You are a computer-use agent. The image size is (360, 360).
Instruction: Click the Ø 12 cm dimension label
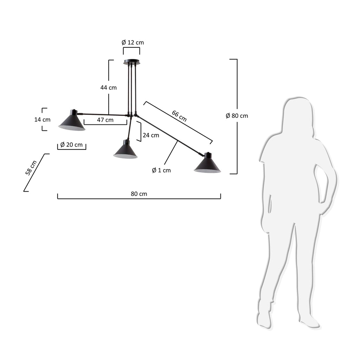coord(133,43)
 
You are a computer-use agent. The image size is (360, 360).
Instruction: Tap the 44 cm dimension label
coord(108,88)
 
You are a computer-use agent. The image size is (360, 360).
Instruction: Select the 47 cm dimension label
coord(105,120)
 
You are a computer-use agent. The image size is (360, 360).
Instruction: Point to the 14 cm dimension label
coord(42,120)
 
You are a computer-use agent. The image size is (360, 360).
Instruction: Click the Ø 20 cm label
coord(71,144)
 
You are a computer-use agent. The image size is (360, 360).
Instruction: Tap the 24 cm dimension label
coord(150,135)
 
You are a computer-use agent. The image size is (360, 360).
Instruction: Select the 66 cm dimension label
coord(179,116)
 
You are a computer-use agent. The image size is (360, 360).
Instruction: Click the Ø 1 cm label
coord(161,170)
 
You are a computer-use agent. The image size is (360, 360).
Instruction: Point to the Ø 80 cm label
coord(237,116)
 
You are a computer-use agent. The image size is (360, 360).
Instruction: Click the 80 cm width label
coord(139,194)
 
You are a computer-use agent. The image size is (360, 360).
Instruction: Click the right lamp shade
coord(207,165)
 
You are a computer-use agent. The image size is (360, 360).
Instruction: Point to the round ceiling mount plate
coord(131,63)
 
